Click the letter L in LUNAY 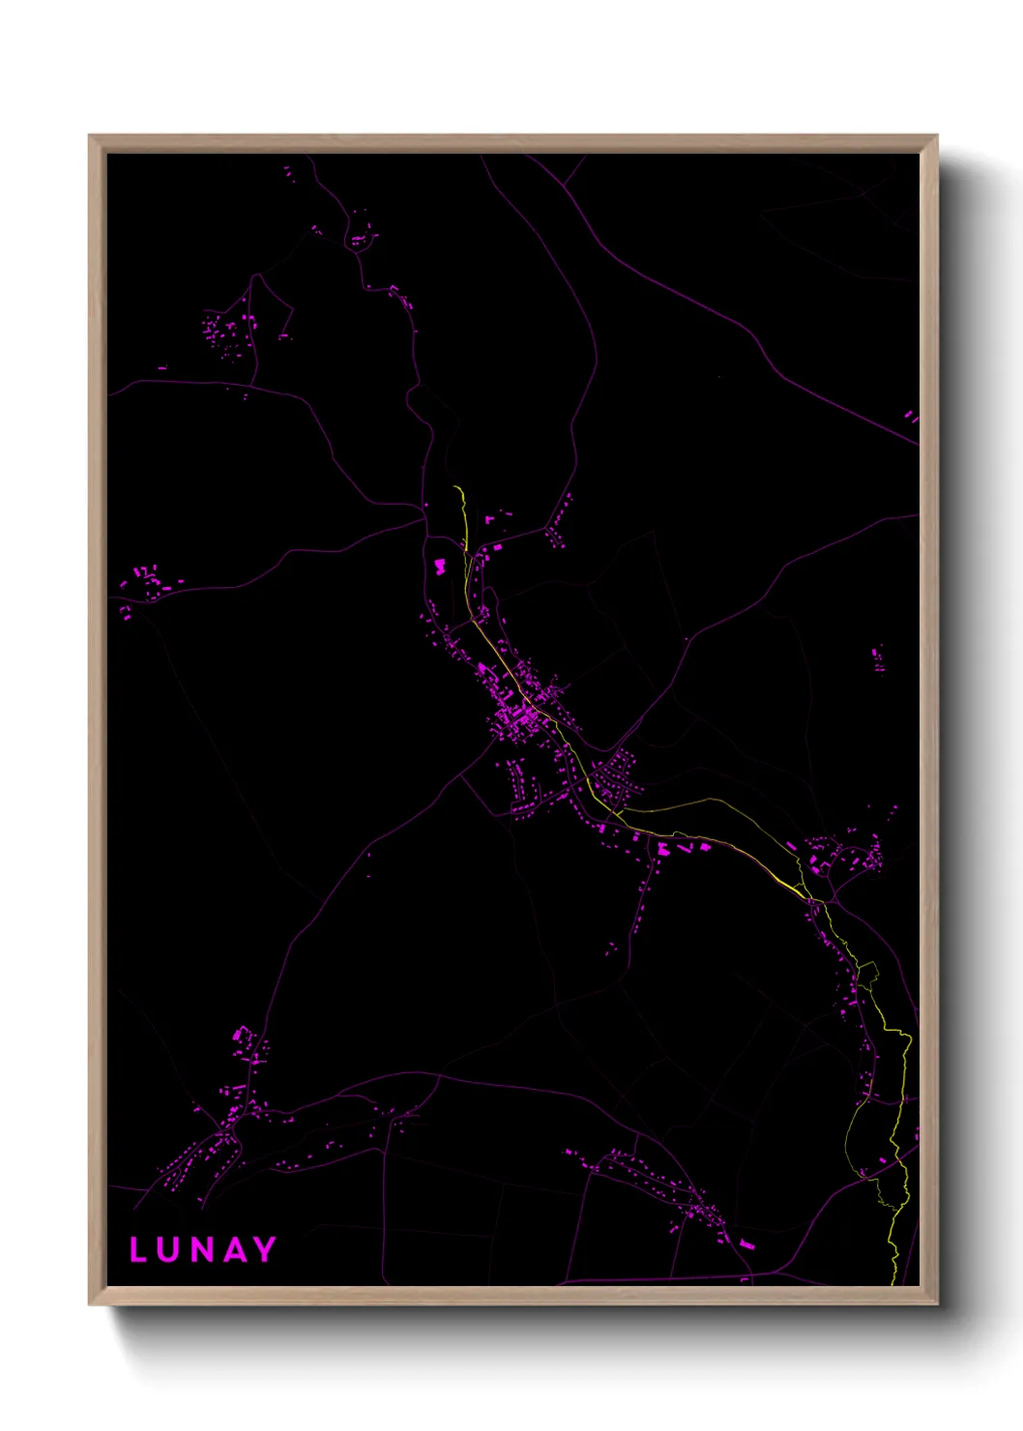(138, 1250)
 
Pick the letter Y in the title (264, 1250)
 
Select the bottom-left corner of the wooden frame (90, 1304)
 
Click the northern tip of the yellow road (454, 487)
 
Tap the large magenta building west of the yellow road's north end (440, 567)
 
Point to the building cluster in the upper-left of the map (224, 331)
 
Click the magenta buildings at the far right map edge (911, 417)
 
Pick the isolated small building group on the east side (878, 659)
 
